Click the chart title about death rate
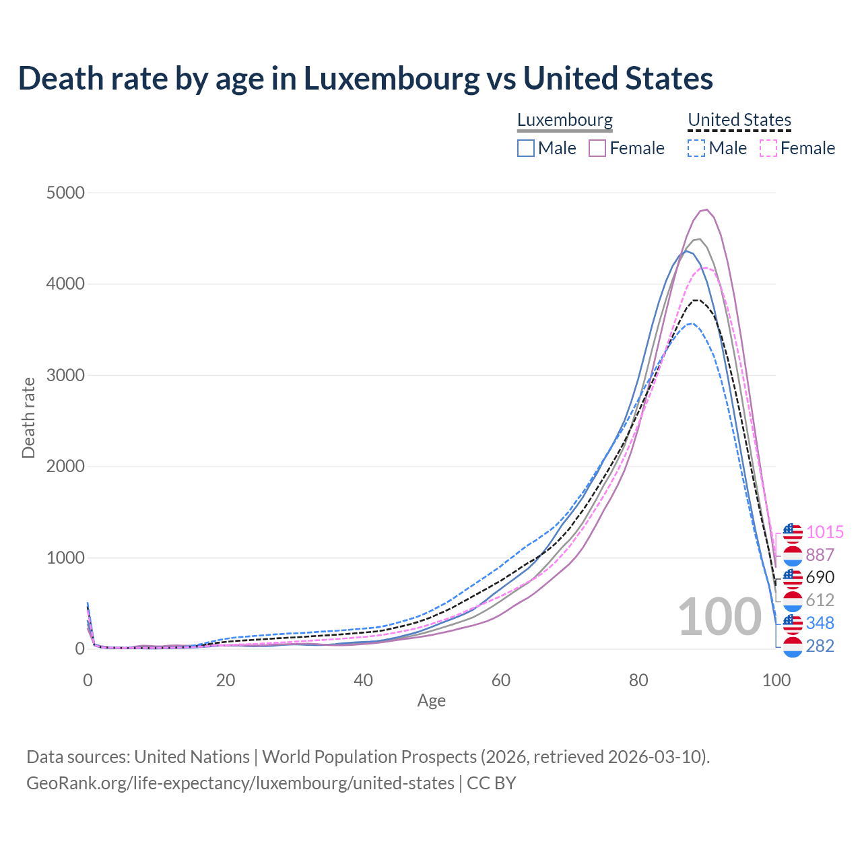[366, 78]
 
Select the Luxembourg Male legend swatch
[526, 148]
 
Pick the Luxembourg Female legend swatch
[597, 148]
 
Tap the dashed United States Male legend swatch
[696, 148]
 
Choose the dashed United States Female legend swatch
[768, 148]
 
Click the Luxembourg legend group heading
[565, 120]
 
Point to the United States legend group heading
[739, 120]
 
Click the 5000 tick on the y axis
[65, 193]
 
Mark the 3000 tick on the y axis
[65, 376]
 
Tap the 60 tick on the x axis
[501, 680]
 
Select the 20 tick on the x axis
[226, 680]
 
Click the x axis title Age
[432, 701]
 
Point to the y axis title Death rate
[28, 418]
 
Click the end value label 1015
[825, 532]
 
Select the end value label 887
[820, 555]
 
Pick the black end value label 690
[820, 577]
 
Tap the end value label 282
[820, 646]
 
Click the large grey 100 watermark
[719, 618]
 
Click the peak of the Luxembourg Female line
[706, 209]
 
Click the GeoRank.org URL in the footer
[240, 783]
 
